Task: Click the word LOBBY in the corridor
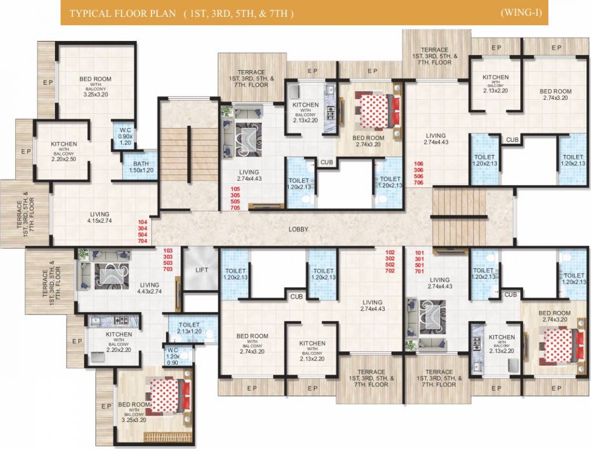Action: point(298,229)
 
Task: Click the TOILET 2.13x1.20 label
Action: point(189,328)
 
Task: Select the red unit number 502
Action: point(390,264)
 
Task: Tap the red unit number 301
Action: point(419,258)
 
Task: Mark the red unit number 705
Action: point(236,208)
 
